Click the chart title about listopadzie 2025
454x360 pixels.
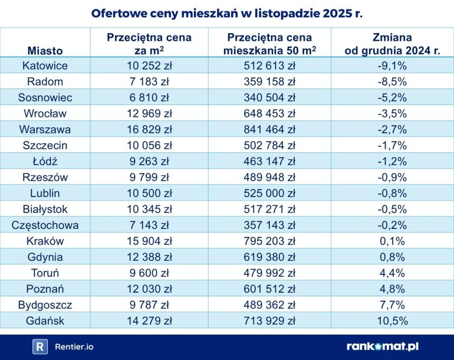click(x=227, y=13)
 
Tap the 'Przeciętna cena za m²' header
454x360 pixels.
click(x=149, y=44)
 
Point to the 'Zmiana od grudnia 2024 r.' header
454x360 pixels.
click(x=392, y=44)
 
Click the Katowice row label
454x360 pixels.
click(x=45, y=66)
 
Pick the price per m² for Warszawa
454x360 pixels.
click(x=149, y=129)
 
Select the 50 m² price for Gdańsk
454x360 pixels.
click(x=269, y=320)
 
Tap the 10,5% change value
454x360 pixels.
click(x=392, y=320)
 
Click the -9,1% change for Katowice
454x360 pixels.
click(x=392, y=66)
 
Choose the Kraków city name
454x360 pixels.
click(x=45, y=241)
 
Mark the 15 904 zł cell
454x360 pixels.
click(x=149, y=241)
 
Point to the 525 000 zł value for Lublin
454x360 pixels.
click(x=269, y=193)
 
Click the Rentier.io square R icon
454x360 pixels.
click(x=40, y=347)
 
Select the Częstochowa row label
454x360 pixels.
click(x=45, y=225)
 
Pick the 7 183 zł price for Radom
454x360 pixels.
click(x=149, y=81)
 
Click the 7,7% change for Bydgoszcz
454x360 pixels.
click(x=392, y=305)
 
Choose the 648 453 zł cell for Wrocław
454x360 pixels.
click(x=269, y=113)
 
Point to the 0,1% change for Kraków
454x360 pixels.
click(x=392, y=241)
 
